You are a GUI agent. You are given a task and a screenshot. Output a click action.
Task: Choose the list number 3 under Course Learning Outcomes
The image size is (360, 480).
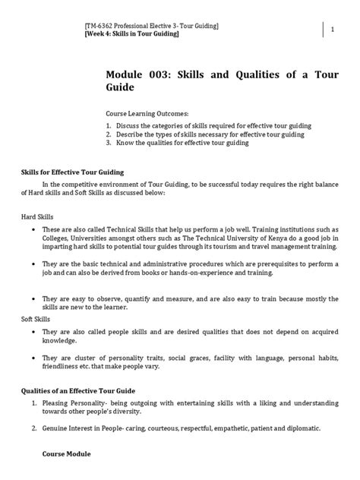click(x=109, y=142)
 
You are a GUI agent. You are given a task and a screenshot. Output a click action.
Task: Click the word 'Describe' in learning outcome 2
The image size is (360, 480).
click(x=131, y=134)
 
